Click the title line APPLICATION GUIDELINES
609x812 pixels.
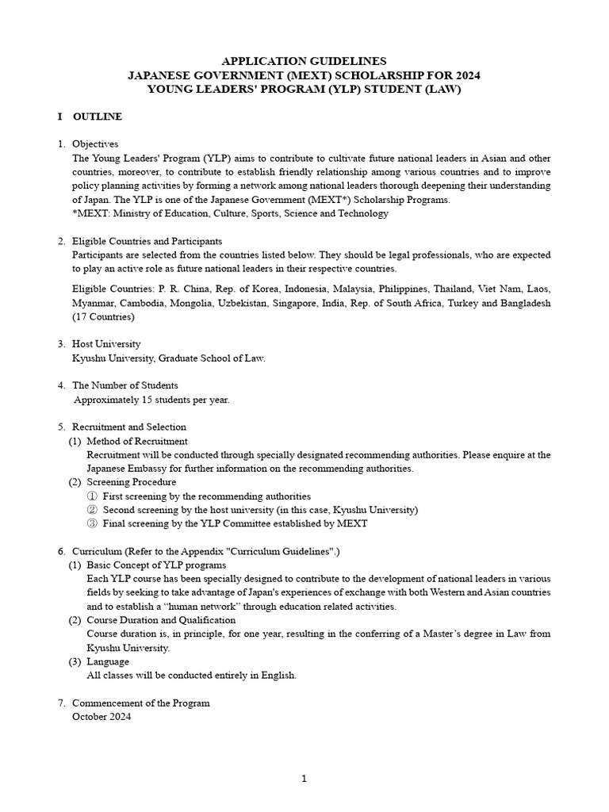(x=304, y=61)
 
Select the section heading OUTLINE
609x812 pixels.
(x=98, y=117)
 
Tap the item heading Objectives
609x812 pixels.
(x=95, y=144)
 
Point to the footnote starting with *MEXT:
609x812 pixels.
(x=230, y=213)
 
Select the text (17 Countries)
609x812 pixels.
(x=103, y=317)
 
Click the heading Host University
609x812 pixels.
(x=106, y=344)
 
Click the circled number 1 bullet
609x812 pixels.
(x=92, y=496)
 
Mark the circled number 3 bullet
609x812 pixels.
(x=92, y=523)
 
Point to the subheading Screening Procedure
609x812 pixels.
(x=132, y=482)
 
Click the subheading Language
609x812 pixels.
(x=108, y=661)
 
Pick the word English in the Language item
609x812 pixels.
(x=278, y=676)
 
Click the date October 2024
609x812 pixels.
(x=101, y=717)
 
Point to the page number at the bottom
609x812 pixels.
(x=304, y=779)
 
